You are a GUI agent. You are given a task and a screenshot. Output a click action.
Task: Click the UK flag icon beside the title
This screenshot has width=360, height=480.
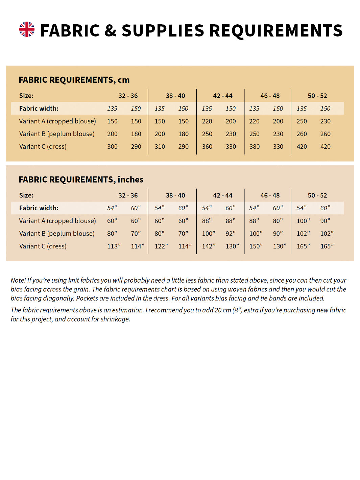[27, 29]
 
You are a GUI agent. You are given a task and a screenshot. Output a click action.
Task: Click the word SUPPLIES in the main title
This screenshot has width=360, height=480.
[163, 31]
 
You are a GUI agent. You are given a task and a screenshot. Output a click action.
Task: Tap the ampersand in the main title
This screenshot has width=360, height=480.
[110, 31]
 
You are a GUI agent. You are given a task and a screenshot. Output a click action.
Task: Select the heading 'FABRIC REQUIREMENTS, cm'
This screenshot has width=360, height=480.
[74, 80]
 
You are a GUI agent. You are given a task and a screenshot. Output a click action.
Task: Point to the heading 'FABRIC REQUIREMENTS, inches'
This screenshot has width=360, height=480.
[81, 179]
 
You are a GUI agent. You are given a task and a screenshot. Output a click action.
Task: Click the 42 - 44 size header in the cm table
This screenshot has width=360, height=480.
[222, 96]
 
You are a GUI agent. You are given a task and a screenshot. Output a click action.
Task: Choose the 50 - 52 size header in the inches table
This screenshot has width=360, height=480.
[317, 195]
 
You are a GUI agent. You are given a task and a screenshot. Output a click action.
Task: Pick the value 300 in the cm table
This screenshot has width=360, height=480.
[112, 147]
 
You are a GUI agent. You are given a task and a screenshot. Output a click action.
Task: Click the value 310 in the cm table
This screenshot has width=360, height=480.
[160, 147]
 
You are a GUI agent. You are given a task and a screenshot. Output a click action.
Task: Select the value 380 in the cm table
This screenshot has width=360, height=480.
[254, 147]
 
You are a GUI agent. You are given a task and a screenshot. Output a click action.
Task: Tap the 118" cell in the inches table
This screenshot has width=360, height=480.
[114, 246]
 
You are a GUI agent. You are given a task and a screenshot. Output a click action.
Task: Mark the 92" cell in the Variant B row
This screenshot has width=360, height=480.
[231, 234]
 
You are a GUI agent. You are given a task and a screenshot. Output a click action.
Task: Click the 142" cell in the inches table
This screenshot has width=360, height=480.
[208, 246]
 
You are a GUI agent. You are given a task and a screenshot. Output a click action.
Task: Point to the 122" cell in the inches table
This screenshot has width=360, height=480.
[161, 246]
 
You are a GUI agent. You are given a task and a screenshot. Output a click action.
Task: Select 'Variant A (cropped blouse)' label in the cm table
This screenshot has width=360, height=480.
[57, 121]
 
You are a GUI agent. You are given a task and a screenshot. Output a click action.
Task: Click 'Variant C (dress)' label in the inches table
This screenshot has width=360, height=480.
[43, 246]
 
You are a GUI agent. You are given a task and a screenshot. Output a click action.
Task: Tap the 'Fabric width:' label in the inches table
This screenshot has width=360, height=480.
[39, 208]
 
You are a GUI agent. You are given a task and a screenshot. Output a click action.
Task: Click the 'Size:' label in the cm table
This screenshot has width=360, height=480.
[26, 96]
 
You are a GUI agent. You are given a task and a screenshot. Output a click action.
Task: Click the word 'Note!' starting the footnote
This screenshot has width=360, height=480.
[18, 280]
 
